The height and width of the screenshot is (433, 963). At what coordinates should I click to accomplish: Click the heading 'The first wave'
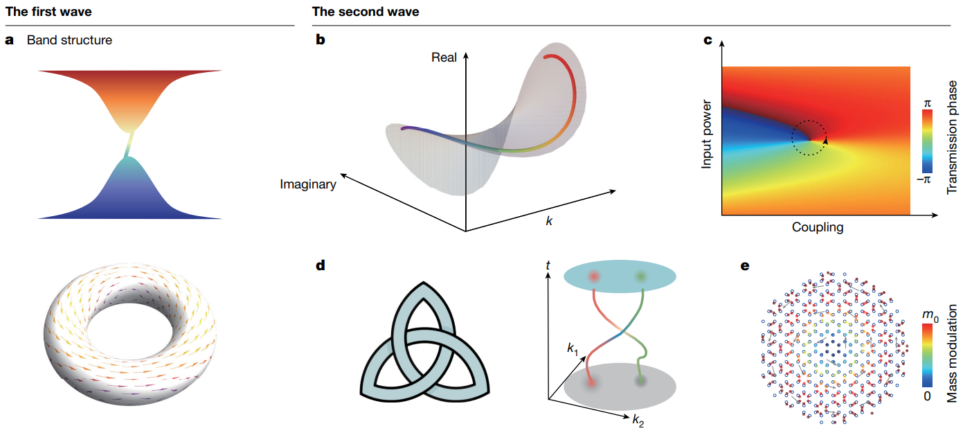click(x=48, y=12)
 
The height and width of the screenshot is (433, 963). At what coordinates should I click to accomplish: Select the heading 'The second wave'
click(x=366, y=12)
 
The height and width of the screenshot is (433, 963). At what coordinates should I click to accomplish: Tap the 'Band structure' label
click(x=69, y=40)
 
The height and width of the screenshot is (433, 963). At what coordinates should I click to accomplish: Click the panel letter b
click(x=321, y=40)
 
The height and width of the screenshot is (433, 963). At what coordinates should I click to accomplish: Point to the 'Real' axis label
click(x=444, y=58)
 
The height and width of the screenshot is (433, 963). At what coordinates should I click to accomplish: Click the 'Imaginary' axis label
click(x=308, y=184)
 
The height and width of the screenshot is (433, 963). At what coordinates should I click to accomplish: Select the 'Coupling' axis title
click(x=817, y=227)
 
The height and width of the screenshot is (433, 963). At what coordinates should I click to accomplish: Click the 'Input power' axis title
click(x=706, y=134)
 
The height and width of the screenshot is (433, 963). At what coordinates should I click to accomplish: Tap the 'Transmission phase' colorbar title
click(x=952, y=137)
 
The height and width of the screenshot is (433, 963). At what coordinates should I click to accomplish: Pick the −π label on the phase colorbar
click(x=924, y=179)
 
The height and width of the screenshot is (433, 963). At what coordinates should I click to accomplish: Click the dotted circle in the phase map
click(x=809, y=138)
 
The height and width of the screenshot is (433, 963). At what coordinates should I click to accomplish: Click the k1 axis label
click(x=573, y=348)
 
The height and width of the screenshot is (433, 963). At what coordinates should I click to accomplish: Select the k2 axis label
click(x=638, y=420)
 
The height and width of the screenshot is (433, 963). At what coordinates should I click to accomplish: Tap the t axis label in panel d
click(x=548, y=265)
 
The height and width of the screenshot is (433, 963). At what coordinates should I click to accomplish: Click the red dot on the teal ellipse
click(x=595, y=276)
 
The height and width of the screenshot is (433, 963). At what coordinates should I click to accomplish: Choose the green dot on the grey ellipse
click(x=641, y=381)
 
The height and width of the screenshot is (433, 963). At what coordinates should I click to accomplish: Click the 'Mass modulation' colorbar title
click(x=952, y=353)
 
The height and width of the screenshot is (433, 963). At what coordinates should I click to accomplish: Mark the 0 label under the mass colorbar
click(x=927, y=396)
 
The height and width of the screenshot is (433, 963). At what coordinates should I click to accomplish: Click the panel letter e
click(x=745, y=266)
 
